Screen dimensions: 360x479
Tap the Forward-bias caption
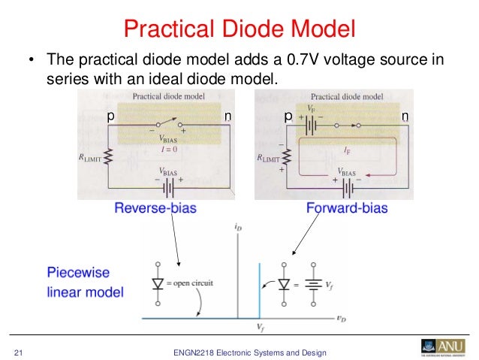pos(346,207)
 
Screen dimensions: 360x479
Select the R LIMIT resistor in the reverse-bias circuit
pos(109,157)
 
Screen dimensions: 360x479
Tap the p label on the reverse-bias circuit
pos(110,116)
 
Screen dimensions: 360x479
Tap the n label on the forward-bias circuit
pos(405,116)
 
